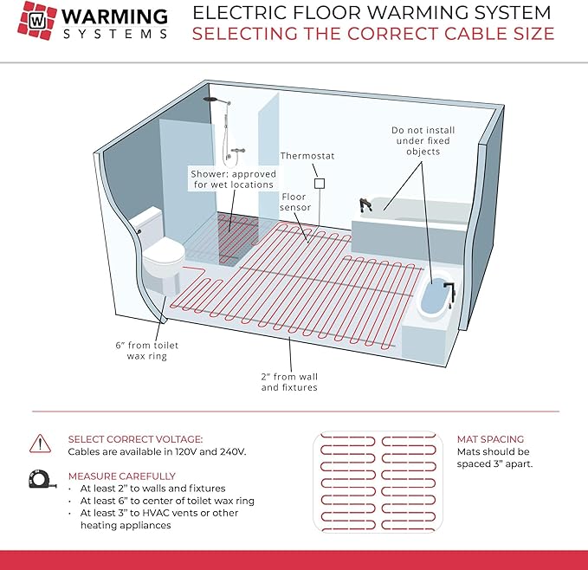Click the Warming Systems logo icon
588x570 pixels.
[38, 23]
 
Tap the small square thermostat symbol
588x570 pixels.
[320, 185]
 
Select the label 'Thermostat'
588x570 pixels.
[307, 157]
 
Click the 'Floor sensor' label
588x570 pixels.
[294, 203]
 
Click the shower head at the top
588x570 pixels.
[211, 101]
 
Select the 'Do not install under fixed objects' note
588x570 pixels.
[423, 140]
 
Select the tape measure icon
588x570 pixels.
[40, 479]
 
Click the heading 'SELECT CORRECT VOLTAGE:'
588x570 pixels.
[135, 439]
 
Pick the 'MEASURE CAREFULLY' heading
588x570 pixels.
[121, 476]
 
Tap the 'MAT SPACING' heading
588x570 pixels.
[490, 439]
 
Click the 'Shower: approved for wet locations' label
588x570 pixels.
[232, 178]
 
